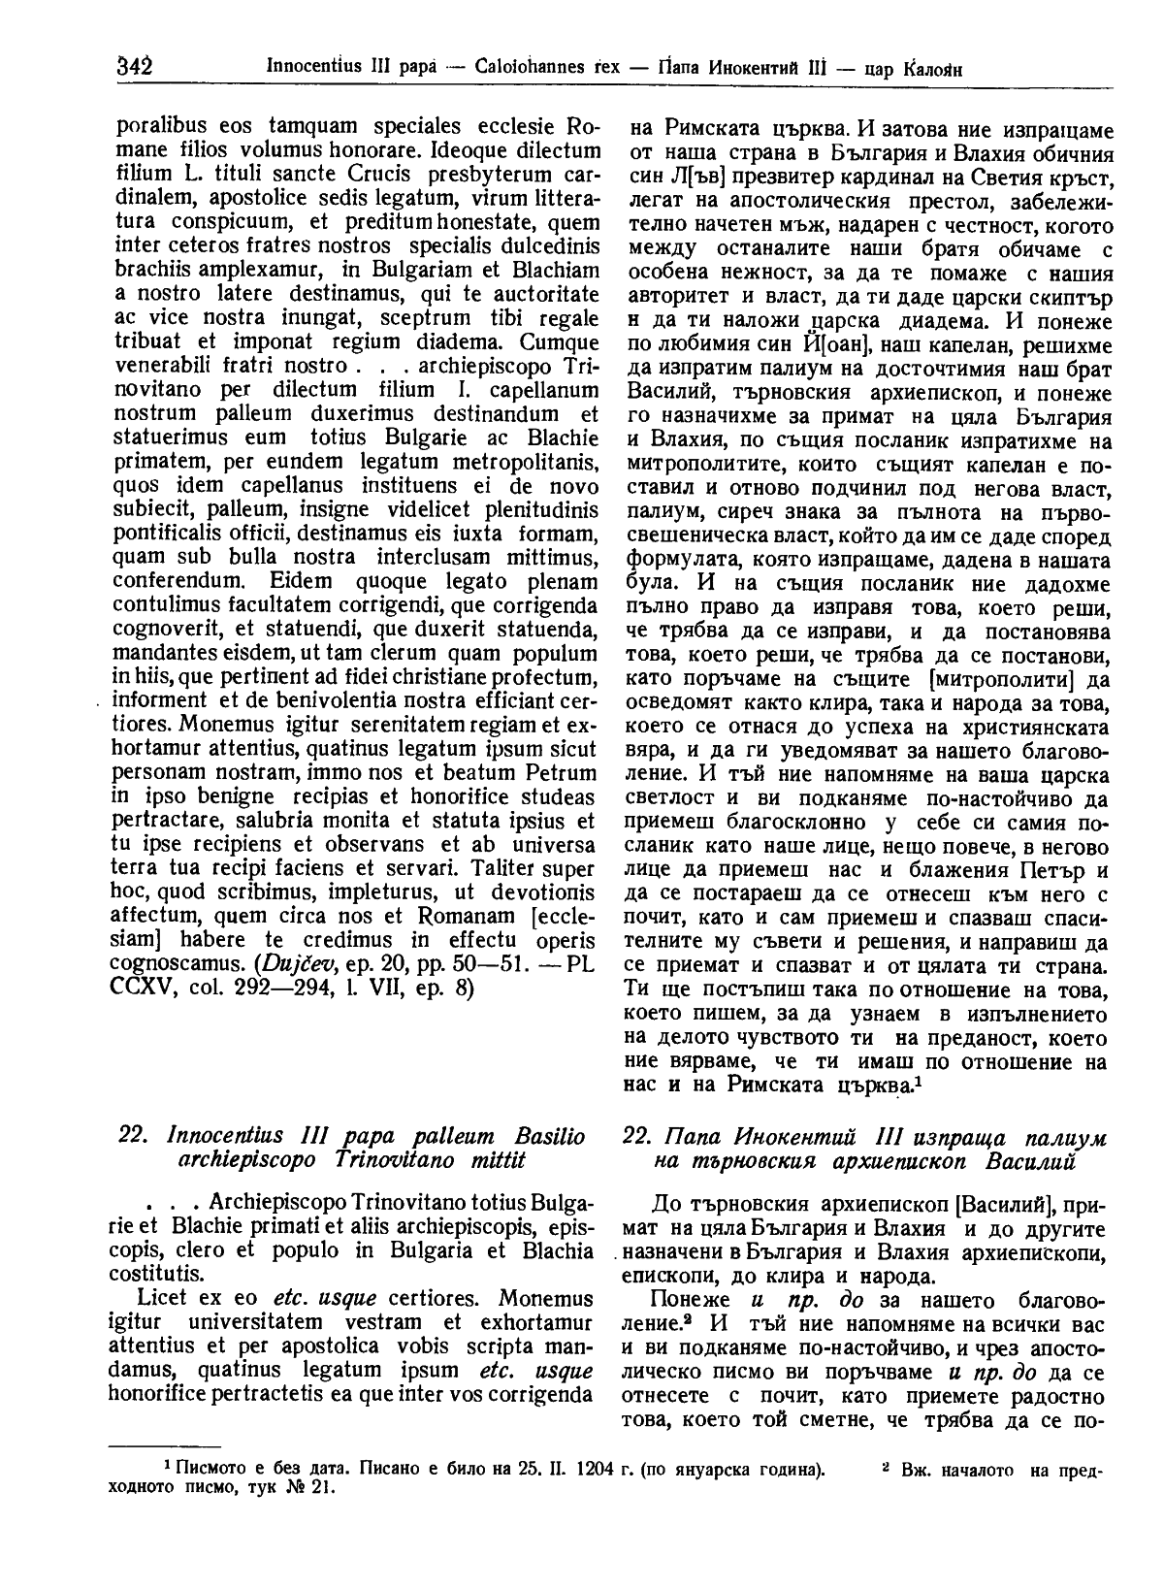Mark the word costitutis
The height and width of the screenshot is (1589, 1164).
click(x=157, y=1272)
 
